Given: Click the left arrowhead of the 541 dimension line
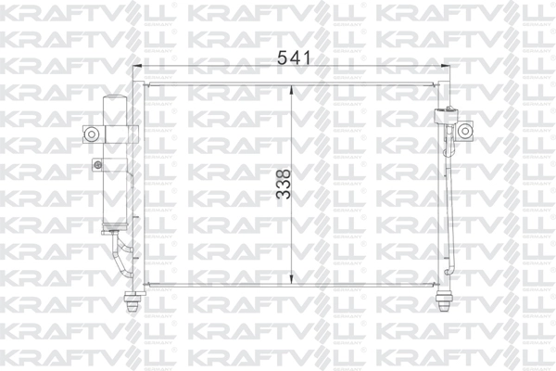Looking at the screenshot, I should [139, 67].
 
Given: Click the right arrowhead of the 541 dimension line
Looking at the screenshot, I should [449, 67].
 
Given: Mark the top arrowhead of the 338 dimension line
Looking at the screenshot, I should [293, 87].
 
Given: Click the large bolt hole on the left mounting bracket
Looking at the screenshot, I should [92, 134].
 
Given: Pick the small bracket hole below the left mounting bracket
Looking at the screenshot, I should [95, 166].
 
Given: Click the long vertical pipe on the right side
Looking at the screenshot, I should [453, 204].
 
